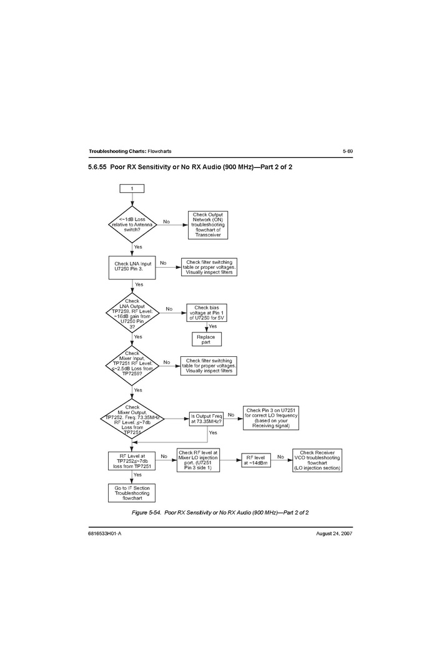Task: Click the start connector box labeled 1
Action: pos(132,188)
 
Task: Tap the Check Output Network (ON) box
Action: pos(208,225)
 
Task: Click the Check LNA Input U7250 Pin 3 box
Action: pos(132,267)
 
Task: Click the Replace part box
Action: pos(205,339)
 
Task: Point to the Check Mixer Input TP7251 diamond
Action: pos(132,365)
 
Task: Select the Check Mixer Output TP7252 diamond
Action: pos(132,419)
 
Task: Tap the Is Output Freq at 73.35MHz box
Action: pos(206,419)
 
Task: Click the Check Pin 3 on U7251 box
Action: pos(271,418)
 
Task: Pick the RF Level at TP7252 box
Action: pos(132,461)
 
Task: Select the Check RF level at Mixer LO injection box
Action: pos(198,460)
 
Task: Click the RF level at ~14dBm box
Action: pos(257,460)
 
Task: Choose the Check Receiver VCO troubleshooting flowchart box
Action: pos(318,460)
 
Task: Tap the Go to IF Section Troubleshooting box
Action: pos(132,493)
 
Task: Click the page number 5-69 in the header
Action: pos(347,152)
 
